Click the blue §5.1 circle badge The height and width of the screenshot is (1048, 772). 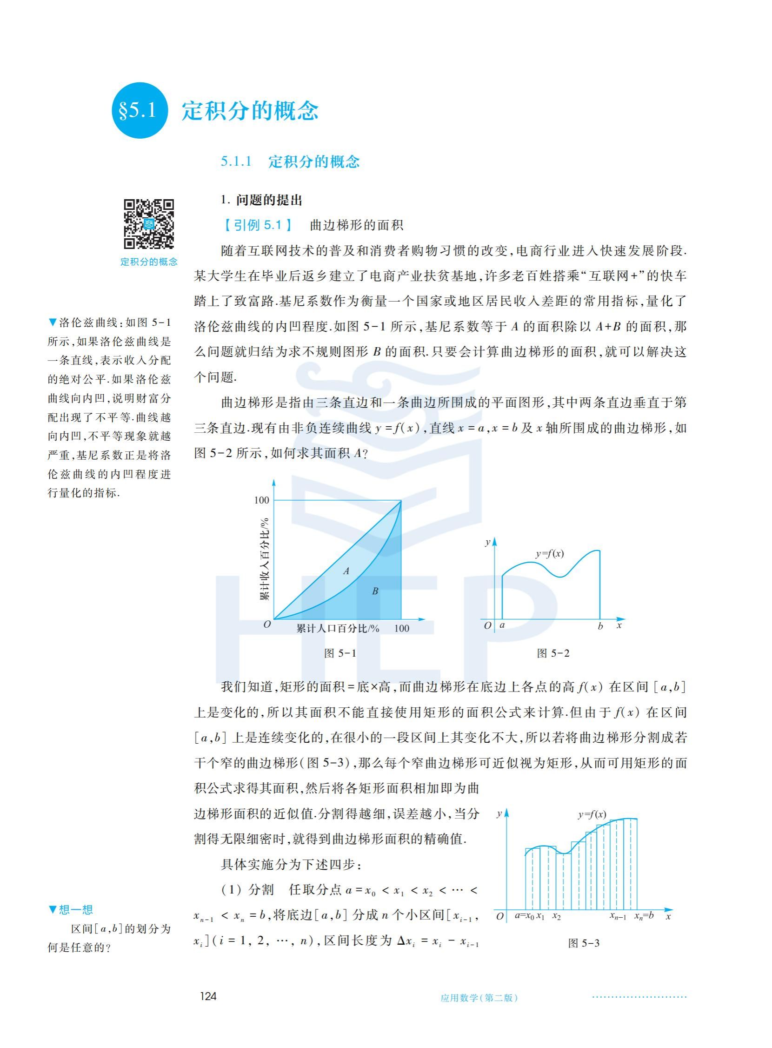(x=139, y=110)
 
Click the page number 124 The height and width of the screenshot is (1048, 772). (x=208, y=995)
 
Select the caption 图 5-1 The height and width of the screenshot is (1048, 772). (x=340, y=653)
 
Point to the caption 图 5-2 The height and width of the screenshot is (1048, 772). (x=553, y=653)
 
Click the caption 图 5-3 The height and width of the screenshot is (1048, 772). (x=583, y=943)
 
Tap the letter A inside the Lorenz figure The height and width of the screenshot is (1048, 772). (x=346, y=571)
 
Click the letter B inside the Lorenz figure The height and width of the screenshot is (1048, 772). (x=375, y=591)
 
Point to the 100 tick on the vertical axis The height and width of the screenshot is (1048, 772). (x=262, y=500)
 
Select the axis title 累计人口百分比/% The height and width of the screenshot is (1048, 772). (x=337, y=628)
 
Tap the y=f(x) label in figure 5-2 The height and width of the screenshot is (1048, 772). (x=550, y=554)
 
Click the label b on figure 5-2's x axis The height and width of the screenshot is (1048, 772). (x=600, y=627)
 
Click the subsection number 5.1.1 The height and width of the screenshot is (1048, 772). (x=236, y=162)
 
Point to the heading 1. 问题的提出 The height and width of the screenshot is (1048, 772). (x=262, y=201)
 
